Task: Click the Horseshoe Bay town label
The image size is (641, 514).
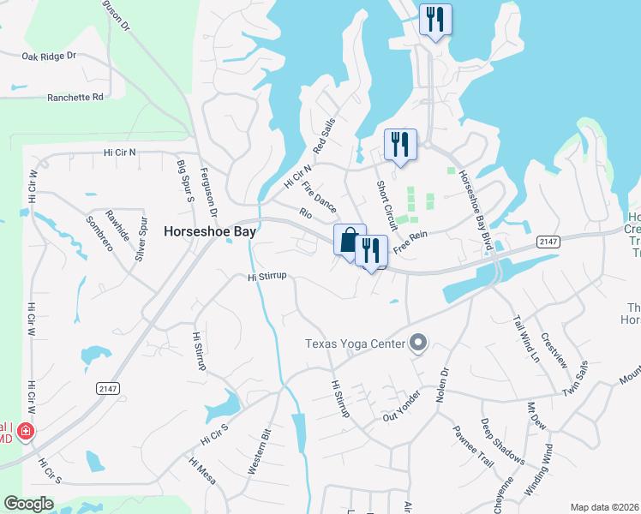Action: pos(211,231)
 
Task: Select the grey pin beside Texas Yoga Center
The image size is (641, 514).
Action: pos(418,344)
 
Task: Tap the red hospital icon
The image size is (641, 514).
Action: pos(27,430)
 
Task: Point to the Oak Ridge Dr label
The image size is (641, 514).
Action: pos(49,57)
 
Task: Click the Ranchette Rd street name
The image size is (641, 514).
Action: pos(75,98)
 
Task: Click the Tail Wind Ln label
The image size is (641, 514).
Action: pos(527,339)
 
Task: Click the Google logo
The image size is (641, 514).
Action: pos(29,504)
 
